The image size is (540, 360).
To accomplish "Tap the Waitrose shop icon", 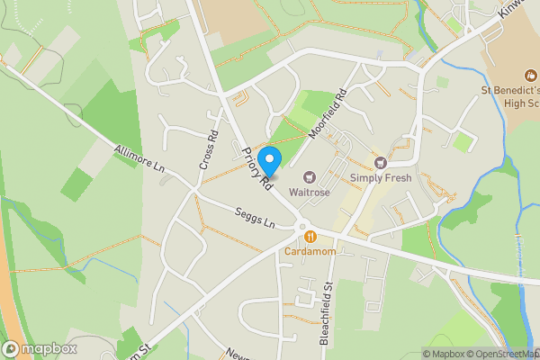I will (x=310, y=177).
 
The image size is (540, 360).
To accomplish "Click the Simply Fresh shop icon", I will (x=381, y=163).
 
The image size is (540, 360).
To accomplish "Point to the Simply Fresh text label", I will (x=381, y=178).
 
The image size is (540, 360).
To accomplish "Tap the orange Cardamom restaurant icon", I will (x=310, y=237).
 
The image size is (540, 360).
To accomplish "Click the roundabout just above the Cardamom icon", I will (x=302, y=227).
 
